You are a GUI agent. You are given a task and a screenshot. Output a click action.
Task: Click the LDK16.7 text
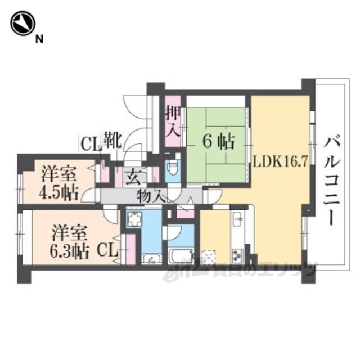[x=280, y=162]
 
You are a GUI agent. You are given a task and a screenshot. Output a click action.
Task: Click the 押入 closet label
[x=173, y=124]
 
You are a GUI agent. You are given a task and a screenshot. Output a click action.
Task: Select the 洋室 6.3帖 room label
[x=71, y=241]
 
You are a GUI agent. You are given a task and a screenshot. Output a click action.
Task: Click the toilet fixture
[x=173, y=168]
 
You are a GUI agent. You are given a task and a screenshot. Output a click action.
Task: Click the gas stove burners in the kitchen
[x=237, y=255]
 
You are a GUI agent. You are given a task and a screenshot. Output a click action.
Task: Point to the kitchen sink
[x=237, y=217]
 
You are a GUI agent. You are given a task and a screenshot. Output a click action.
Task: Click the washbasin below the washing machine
[x=150, y=259]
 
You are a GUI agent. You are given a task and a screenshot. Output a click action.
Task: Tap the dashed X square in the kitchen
[x=209, y=256]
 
